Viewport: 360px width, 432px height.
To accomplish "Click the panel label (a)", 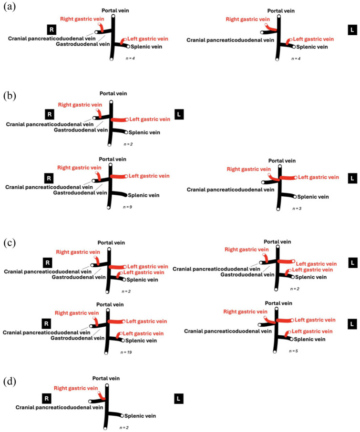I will coord(8,8).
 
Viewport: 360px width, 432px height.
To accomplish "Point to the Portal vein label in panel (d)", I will coord(106,378).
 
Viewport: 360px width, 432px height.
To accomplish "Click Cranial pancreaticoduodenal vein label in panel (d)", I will coord(60,408).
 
